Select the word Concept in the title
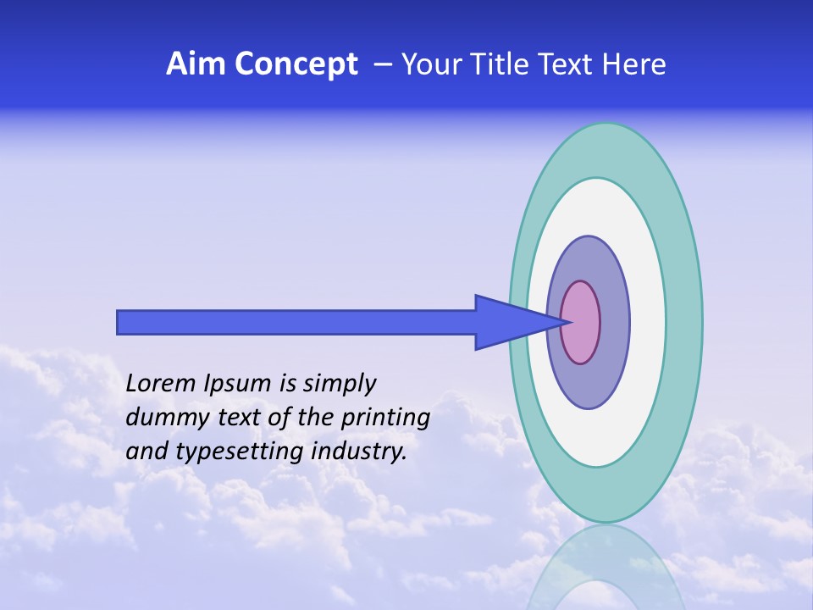point(296,64)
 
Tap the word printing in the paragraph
point(385,419)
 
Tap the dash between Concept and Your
point(382,64)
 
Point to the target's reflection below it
point(606,568)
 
